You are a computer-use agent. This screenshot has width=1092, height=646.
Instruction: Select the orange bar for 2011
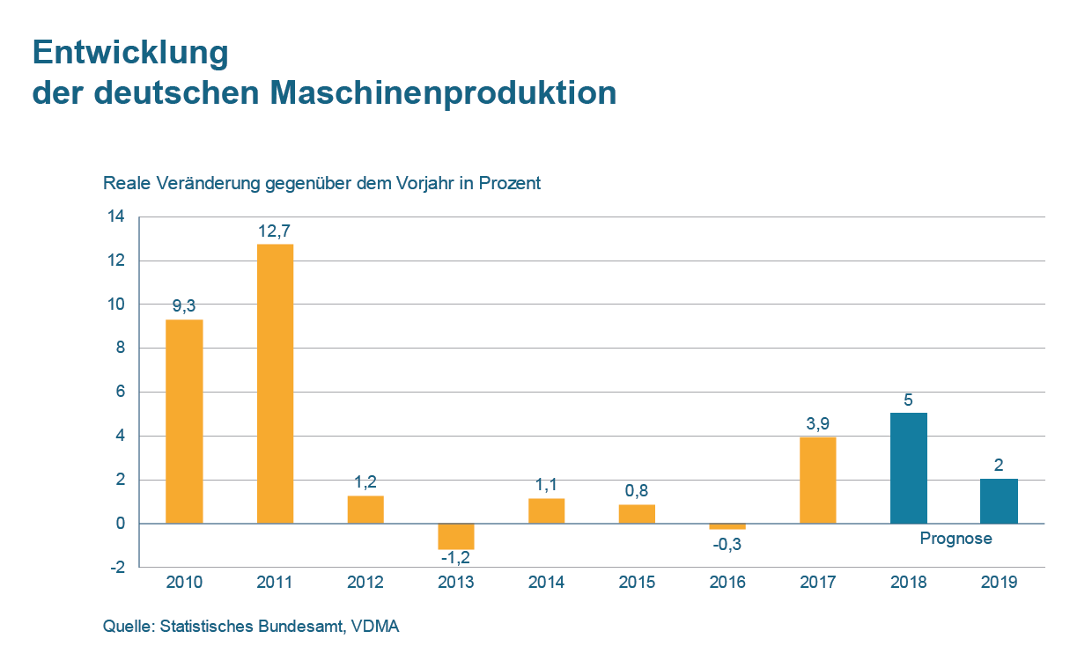(x=275, y=383)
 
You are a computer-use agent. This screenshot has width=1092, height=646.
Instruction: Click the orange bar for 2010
(x=184, y=421)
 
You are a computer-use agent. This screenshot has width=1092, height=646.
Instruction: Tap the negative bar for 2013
(x=455, y=536)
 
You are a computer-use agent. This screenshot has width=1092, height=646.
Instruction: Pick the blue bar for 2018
(x=908, y=467)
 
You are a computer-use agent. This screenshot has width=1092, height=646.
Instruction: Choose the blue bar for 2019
(x=999, y=501)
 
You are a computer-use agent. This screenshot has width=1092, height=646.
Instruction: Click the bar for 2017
(x=817, y=480)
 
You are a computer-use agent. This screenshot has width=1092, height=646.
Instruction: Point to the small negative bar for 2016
(x=727, y=526)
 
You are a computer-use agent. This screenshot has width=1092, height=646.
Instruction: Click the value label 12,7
(x=275, y=231)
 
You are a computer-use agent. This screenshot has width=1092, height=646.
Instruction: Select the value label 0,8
(x=637, y=490)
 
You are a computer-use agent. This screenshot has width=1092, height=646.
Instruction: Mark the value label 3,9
(x=817, y=423)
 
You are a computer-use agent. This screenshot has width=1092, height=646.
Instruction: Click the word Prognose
(x=955, y=539)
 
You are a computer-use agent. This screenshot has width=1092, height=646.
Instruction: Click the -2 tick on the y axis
(x=116, y=568)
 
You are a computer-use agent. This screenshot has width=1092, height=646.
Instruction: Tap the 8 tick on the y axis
(x=120, y=349)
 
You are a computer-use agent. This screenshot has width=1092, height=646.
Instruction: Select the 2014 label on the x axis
(x=546, y=583)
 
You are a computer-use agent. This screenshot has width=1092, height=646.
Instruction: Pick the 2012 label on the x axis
(x=365, y=583)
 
